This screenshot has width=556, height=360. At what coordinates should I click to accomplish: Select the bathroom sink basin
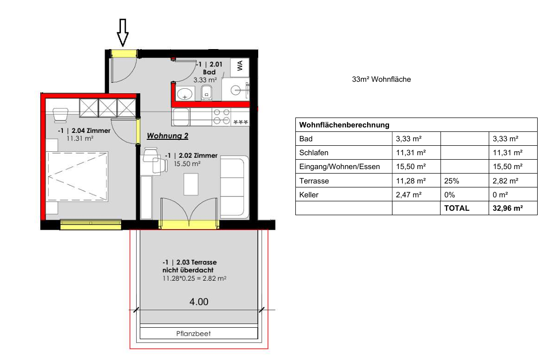tap(184, 94)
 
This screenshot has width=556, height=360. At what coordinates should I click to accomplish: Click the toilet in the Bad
tap(207, 93)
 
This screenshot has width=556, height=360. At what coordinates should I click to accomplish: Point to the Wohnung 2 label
tap(167, 136)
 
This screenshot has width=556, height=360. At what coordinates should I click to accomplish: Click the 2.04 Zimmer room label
tap(84, 130)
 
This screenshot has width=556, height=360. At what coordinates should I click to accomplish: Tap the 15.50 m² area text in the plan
tap(187, 164)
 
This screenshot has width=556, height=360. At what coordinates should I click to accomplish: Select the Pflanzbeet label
tap(193, 333)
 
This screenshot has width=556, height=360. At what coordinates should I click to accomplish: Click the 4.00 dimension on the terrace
tap(199, 302)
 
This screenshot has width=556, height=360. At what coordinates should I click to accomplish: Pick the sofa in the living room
tap(234, 187)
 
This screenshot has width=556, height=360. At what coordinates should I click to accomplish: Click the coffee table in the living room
tap(191, 184)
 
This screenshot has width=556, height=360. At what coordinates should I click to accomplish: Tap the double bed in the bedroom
tap(77, 177)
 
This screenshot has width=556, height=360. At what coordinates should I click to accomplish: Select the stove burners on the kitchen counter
tap(222, 117)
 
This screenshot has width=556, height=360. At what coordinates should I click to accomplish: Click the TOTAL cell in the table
tap(457, 208)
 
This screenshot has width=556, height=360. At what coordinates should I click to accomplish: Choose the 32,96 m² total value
tap(508, 208)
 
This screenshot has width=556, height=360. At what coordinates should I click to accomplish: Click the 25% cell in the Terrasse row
tap(451, 181)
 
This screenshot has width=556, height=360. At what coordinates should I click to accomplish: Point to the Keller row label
tap(309, 195)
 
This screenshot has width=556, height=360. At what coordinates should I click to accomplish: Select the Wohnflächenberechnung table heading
tap(344, 125)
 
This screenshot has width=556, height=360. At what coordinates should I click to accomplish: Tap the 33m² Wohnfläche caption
tap(381, 79)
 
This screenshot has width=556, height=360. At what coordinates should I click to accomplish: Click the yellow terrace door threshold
tap(189, 225)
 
